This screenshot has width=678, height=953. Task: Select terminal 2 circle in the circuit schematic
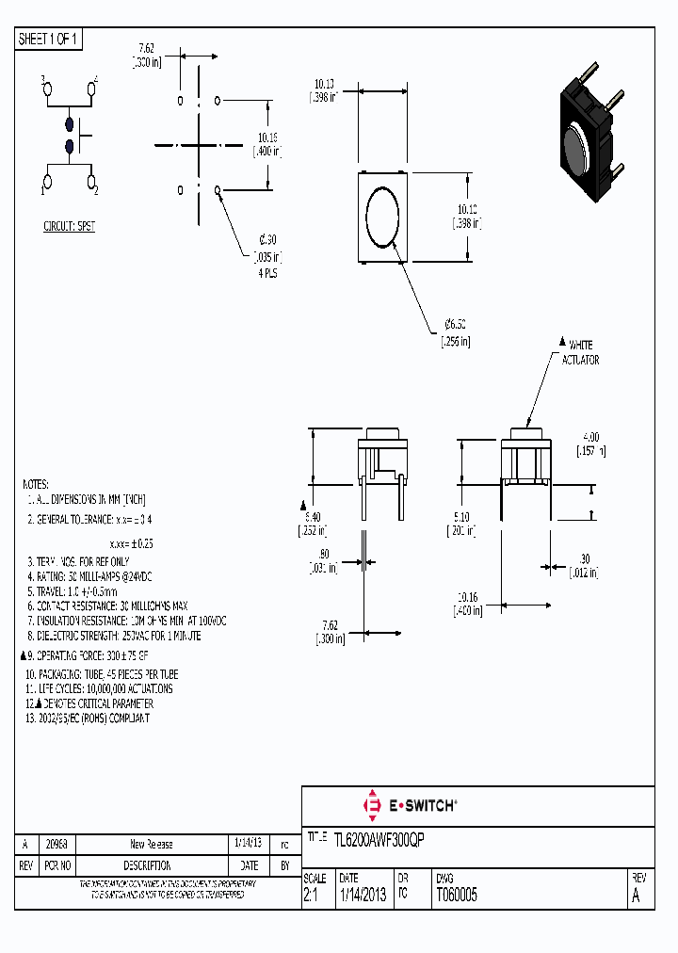point(92,181)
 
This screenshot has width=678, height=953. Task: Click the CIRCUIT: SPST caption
point(69,227)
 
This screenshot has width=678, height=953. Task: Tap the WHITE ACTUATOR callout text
point(579,352)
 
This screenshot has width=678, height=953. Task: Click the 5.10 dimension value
point(460,516)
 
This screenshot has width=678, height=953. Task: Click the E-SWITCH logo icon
point(370,805)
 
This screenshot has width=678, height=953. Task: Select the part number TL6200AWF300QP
point(379,838)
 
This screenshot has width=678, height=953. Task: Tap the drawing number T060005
point(456,896)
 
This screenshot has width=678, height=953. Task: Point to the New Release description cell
point(151,844)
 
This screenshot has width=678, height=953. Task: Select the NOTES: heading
point(36,481)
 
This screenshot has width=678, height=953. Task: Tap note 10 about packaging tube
point(102,674)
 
